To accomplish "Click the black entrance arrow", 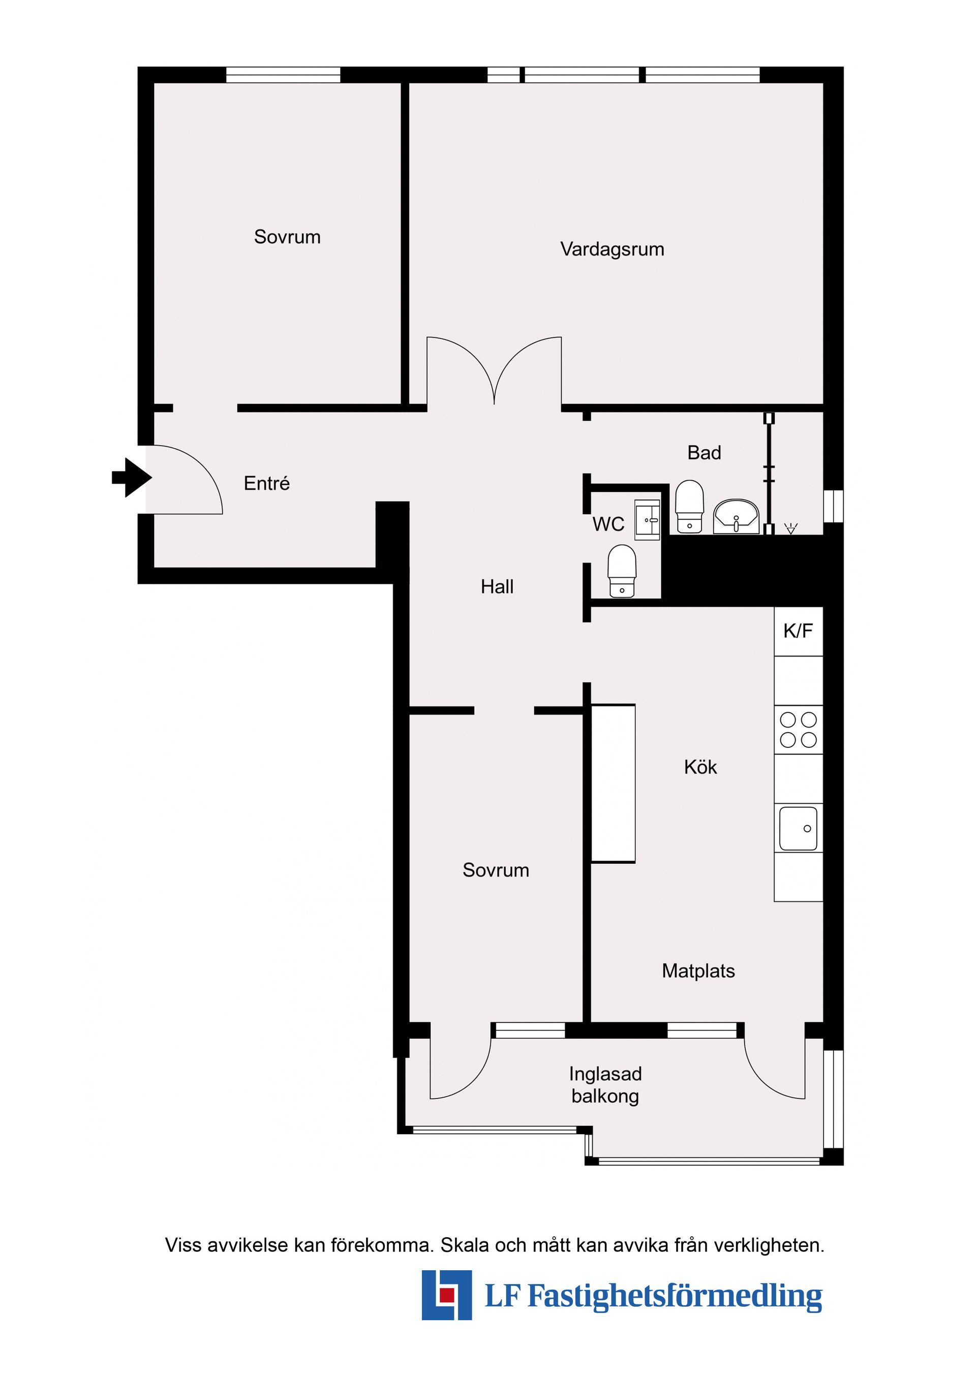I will pyautogui.click(x=132, y=478).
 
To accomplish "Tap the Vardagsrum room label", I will pyautogui.click(x=612, y=249).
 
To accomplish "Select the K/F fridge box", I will pyautogui.click(x=798, y=631).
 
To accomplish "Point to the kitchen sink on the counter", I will pyautogui.click(x=798, y=828).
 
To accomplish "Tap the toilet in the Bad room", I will pyautogui.click(x=690, y=506).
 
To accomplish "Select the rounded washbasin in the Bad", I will pyautogui.click(x=736, y=516).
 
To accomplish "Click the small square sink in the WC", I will pyautogui.click(x=648, y=519).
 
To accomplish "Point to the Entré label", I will pyautogui.click(x=266, y=483).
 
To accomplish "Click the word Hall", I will pyautogui.click(x=497, y=587).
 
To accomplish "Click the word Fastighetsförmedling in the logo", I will pyautogui.click(x=674, y=1296).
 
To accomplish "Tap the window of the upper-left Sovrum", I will pyautogui.click(x=283, y=75).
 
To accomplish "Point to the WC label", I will pyautogui.click(x=608, y=524).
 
